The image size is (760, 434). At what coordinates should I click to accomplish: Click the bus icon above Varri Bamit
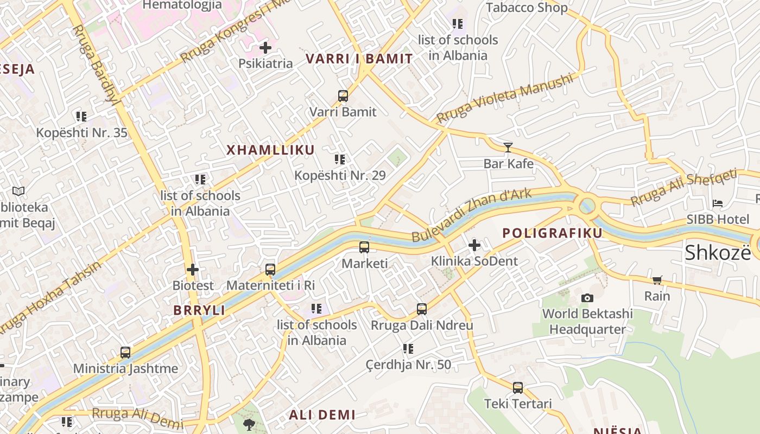[x=343, y=96]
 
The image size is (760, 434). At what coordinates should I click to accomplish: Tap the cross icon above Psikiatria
[x=265, y=48]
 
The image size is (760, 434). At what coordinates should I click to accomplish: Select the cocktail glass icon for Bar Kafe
[x=508, y=147]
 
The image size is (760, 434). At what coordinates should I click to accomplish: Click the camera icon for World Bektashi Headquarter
[x=587, y=298]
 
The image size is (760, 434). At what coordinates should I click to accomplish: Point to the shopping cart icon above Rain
[x=657, y=280]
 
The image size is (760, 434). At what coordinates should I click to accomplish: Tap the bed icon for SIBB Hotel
[x=718, y=203]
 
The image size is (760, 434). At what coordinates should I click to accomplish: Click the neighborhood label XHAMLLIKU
[x=270, y=150]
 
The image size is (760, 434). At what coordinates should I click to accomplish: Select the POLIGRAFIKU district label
[x=552, y=233]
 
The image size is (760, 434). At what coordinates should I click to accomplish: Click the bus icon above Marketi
[x=364, y=247]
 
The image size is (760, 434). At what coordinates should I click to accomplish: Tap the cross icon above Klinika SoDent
[x=474, y=245]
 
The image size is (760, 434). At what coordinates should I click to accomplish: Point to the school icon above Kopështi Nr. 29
[x=340, y=159]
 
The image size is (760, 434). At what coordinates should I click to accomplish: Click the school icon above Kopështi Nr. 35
[x=81, y=117]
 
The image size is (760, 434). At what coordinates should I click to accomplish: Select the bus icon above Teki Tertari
[x=518, y=387]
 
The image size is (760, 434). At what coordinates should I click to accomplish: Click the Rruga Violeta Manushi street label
[x=504, y=98]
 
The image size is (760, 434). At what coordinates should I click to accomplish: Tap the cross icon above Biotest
[x=193, y=269]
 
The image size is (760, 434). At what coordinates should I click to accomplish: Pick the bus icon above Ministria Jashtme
[x=125, y=353]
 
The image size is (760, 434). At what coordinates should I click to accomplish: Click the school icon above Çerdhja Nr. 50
[x=408, y=349]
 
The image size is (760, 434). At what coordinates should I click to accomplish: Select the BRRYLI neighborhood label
[x=199, y=310]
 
